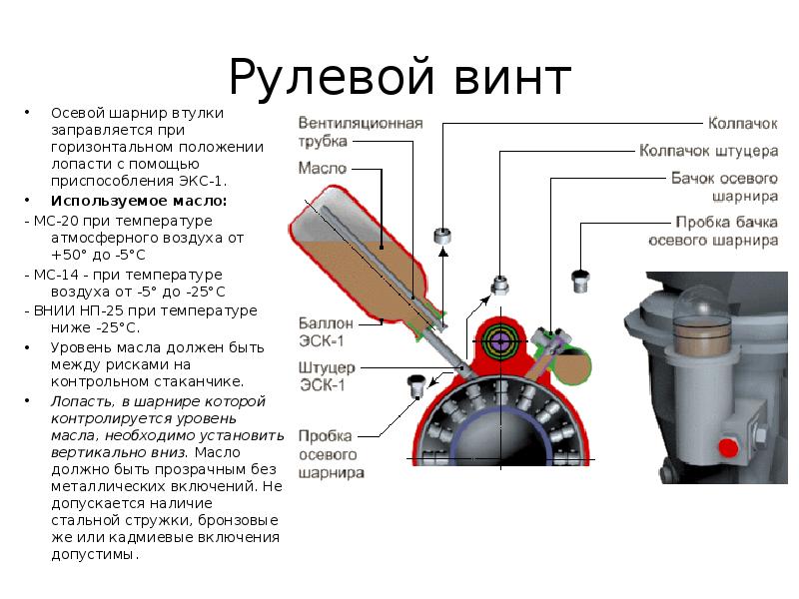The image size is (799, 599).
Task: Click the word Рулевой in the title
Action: click(x=332, y=78)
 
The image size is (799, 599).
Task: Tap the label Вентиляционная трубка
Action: click(x=361, y=132)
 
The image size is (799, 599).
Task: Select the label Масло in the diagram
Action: click(x=323, y=168)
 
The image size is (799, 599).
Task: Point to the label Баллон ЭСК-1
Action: click(x=326, y=331)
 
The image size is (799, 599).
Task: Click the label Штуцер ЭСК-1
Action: click(x=327, y=376)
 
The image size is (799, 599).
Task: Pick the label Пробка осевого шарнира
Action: click(x=331, y=454)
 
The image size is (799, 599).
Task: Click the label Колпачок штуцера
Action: click(x=708, y=152)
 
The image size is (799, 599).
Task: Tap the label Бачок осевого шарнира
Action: click(x=724, y=187)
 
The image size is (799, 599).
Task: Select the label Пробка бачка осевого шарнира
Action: click(x=713, y=231)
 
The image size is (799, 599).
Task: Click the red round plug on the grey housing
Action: click(x=728, y=446)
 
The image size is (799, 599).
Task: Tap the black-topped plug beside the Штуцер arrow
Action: click(x=416, y=386)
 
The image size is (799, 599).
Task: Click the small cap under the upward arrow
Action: click(x=442, y=236)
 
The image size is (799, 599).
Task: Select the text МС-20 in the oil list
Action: click(x=56, y=221)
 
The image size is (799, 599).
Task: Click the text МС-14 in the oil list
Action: click(x=56, y=275)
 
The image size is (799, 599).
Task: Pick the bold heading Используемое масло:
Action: click(x=139, y=201)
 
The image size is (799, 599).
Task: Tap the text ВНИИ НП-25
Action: click(x=79, y=310)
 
